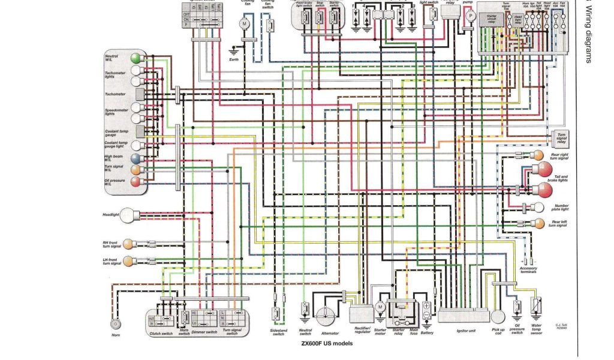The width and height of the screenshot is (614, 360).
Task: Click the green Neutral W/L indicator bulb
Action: click(136, 58)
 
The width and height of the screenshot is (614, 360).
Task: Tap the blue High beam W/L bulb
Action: click(136, 158)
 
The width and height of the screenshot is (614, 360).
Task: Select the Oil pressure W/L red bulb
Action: click(136, 182)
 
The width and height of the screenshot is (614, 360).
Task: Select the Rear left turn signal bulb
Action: click(539, 223)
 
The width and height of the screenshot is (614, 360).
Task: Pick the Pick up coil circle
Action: click(498, 316)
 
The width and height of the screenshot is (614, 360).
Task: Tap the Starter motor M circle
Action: click(379, 307)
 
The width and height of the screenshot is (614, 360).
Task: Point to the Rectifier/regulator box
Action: click(361, 313)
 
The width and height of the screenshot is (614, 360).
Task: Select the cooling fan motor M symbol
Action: click(244, 23)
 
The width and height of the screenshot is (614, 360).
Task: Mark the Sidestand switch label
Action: click(278, 332)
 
